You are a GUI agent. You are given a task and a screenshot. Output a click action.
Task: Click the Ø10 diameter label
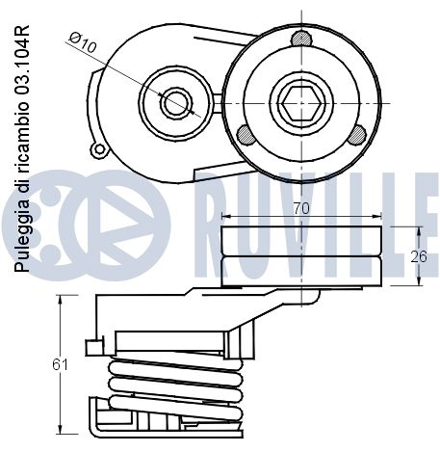[x=83, y=42]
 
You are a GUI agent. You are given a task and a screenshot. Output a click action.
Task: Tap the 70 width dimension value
[x=301, y=208]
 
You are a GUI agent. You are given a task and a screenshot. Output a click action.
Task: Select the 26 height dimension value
[x=419, y=256]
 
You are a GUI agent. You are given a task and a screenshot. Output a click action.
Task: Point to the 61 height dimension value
[x=60, y=364]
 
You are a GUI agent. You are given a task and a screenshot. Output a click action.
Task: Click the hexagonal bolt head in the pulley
[x=301, y=103]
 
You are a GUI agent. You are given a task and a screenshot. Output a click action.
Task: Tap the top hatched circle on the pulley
[x=301, y=39]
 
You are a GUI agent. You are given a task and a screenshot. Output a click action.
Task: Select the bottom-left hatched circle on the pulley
[x=246, y=135]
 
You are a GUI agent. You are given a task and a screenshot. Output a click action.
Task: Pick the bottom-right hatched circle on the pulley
[x=357, y=135]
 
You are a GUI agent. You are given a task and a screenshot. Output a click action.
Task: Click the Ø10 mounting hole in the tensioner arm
[x=176, y=103]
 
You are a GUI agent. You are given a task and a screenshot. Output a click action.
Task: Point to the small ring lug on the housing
[x=99, y=149]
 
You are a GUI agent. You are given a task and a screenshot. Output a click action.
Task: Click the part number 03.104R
[x=22, y=60]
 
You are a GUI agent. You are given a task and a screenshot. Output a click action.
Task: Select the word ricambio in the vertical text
[x=22, y=139]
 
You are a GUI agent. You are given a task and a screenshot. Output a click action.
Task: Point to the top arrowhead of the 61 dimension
[x=60, y=299]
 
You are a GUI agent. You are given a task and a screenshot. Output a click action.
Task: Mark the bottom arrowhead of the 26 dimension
[x=419, y=280]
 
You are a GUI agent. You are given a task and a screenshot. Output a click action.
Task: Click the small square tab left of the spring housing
[x=94, y=347]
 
